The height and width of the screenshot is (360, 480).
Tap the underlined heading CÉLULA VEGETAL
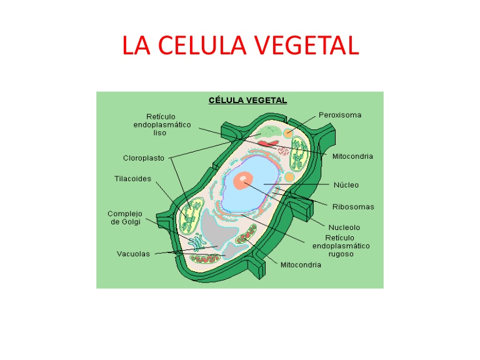point(247,99)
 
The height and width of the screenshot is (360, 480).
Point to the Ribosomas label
point(354,206)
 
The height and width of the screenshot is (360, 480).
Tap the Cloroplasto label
point(144,158)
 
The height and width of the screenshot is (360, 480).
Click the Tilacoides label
point(132,179)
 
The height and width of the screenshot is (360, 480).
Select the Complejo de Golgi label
point(126,218)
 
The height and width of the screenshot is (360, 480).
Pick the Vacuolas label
point(133,254)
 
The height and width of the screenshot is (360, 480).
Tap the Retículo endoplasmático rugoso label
point(341,246)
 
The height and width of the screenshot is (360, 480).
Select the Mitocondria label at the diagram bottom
point(301,265)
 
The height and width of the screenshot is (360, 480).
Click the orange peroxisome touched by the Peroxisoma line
point(288,133)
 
